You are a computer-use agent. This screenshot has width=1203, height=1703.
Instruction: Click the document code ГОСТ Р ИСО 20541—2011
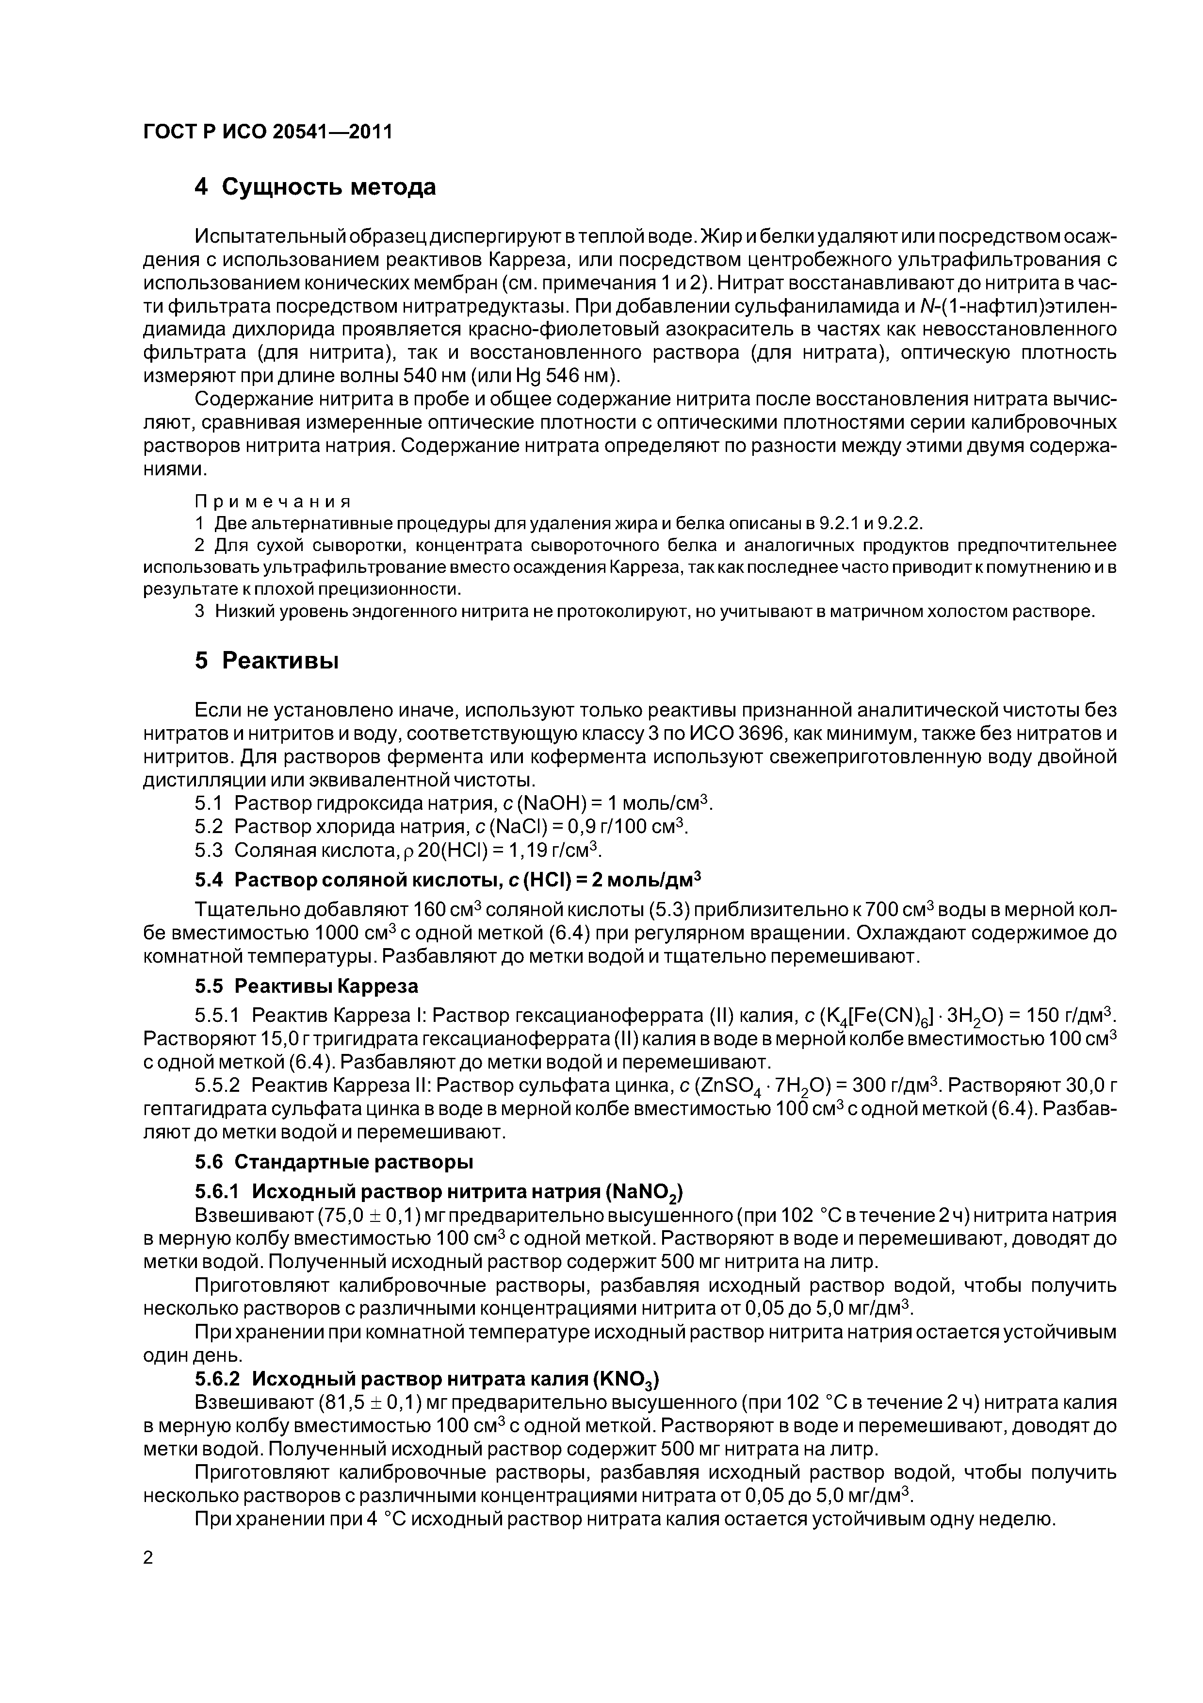coord(268,132)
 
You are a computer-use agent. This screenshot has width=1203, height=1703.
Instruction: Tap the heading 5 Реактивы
coord(267,660)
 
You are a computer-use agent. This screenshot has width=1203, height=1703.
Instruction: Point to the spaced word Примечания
coord(273,501)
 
